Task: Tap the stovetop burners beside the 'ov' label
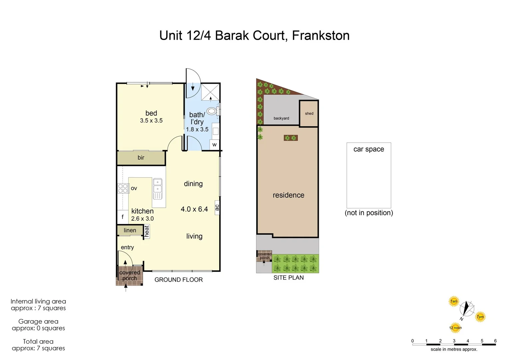[x=123, y=188]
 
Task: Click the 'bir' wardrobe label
[x=141, y=158]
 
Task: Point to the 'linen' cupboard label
[x=130, y=230]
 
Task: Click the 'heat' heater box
[x=147, y=231]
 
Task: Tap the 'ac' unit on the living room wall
[x=217, y=207]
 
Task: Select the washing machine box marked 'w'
[x=215, y=145]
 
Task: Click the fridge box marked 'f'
[x=122, y=217]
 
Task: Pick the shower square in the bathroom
[x=210, y=91]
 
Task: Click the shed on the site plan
[x=309, y=113]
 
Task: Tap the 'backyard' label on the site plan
[x=281, y=118]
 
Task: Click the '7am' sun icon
[x=454, y=301]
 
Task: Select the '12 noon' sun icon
[x=455, y=328]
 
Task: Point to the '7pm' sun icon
[x=480, y=317]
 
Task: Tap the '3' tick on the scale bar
[x=454, y=341]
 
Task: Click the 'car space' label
[x=368, y=149]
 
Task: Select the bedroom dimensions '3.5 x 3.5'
[x=151, y=121]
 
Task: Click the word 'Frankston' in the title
[x=320, y=35]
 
